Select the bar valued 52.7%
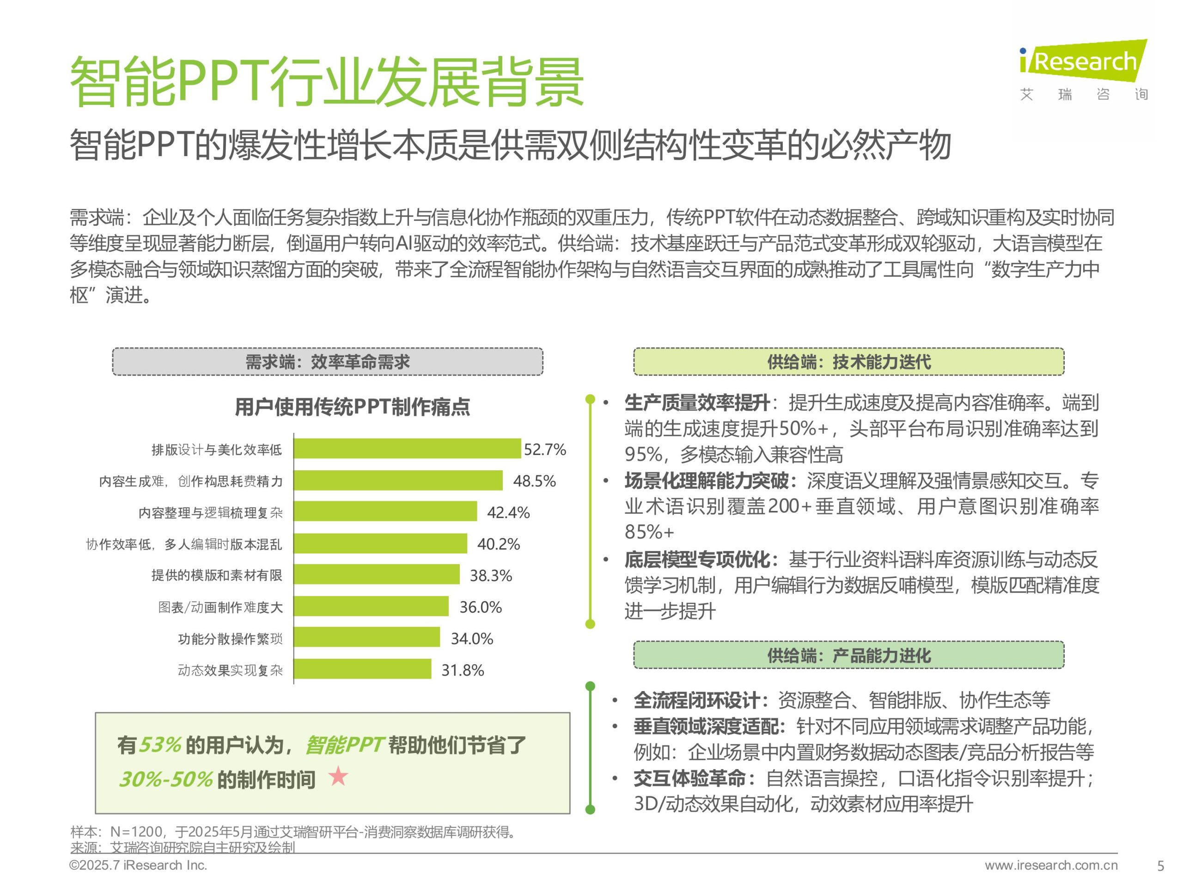tap(407, 448)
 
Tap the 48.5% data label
tap(534, 480)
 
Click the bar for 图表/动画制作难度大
tap(371, 606)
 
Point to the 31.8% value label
tap(462, 670)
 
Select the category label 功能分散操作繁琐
tap(230, 638)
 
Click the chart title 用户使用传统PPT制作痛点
tap(352, 407)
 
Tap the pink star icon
tap(338, 776)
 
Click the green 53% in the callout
tap(160, 745)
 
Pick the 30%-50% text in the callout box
tap(166, 779)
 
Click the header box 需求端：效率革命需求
tap(327, 362)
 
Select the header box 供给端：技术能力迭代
tap(848, 362)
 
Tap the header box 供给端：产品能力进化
tap(848, 655)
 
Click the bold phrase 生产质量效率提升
tap(697, 402)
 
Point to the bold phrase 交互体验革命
tap(689, 778)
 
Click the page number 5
tap(1160, 866)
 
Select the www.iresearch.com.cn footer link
tap(1050, 865)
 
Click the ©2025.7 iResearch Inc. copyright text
tap(138, 865)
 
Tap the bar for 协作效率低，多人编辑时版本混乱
tap(380, 543)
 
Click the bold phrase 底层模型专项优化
tap(697, 560)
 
